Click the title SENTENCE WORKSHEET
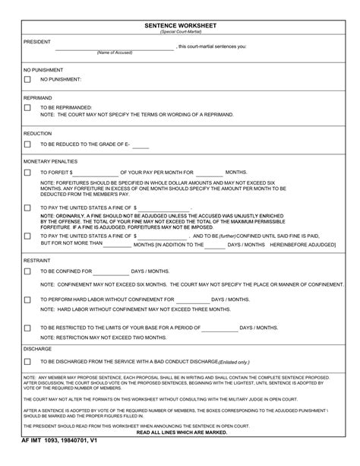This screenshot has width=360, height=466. (x=180, y=24)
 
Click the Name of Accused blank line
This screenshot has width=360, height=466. (x=115, y=48)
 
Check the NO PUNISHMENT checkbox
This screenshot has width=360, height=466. (x=28, y=79)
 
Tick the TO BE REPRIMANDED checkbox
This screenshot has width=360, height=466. (x=28, y=108)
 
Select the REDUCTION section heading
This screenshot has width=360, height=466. (x=37, y=132)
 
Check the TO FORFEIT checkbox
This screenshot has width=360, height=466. (x=28, y=173)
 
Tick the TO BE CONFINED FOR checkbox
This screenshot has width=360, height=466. (x=28, y=271)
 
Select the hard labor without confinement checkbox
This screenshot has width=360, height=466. (x=28, y=300)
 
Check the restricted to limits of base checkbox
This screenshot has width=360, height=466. (x=28, y=328)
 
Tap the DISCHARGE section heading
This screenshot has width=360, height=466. (x=37, y=348)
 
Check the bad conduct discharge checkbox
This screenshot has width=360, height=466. (x=28, y=362)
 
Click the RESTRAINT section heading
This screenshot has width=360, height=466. (x=37, y=259)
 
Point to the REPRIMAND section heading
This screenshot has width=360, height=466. (x=37, y=97)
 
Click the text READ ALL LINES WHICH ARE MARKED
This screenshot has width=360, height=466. (x=180, y=431)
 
